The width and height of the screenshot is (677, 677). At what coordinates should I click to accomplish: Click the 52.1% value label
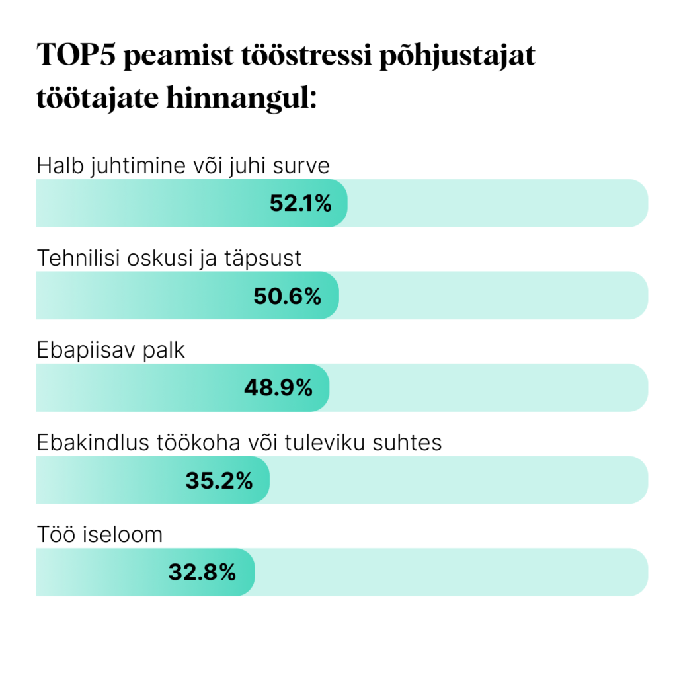[x=300, y=204]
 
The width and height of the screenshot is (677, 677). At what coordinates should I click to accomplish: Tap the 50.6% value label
[x=287, y=296]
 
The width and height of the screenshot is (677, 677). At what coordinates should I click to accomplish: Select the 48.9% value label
[x=278, y=388]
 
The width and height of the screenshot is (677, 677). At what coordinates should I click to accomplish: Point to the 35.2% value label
[x=219, y=481]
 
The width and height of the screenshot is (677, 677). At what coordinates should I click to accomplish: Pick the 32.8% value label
[x=202, y=573]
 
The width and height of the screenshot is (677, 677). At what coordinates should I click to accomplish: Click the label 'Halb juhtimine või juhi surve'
[x=183, y=165]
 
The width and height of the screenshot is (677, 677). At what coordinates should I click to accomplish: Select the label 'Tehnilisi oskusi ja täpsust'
[x=169, y=258]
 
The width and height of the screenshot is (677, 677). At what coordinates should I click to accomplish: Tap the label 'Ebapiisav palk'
[x=111, y=350]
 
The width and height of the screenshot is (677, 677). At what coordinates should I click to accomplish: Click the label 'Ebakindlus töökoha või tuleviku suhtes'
[x=239, y=442]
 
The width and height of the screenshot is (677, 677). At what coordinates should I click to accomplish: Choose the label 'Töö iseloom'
[x=100, y=534]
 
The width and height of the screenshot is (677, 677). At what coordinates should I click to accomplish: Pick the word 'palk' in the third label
[x=164, y=350]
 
